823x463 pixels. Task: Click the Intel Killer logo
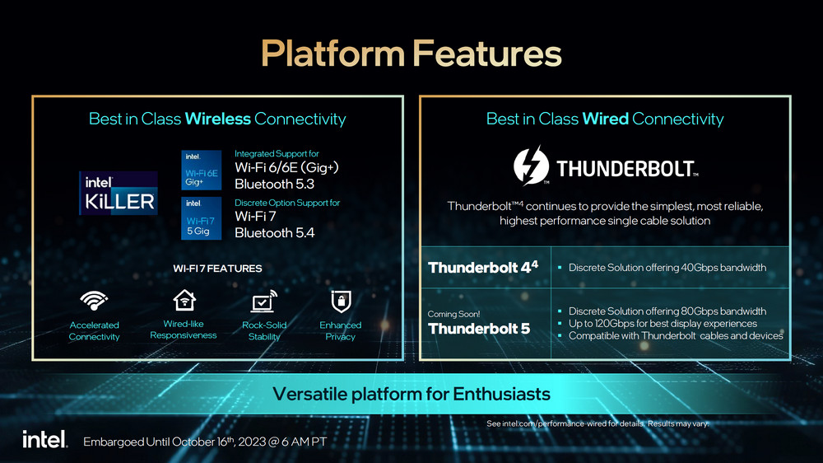(118, 193)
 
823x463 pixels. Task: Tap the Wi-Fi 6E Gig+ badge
(201, 171)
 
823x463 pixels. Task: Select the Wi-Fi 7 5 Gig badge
(201, 218)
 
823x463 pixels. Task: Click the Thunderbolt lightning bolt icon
(531, 166)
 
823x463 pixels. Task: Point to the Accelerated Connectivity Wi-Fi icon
(94, 301)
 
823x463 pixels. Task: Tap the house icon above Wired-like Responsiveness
(184, 301)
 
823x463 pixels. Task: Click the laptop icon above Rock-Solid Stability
(264, 302)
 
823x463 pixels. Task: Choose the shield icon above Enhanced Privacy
(341, 302)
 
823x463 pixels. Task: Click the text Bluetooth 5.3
(274, 184)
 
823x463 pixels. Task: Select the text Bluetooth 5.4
(275, 233)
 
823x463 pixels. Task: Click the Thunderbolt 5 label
(479, 329)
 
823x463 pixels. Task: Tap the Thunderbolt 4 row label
(483, 268)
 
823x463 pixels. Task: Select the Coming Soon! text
(453, 314)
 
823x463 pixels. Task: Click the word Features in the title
(486, 54)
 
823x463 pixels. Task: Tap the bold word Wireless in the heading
(218, 119)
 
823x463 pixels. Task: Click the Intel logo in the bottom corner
(45, 439)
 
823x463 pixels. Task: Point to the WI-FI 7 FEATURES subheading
(217, 269)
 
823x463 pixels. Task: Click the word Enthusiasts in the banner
(501, 394)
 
